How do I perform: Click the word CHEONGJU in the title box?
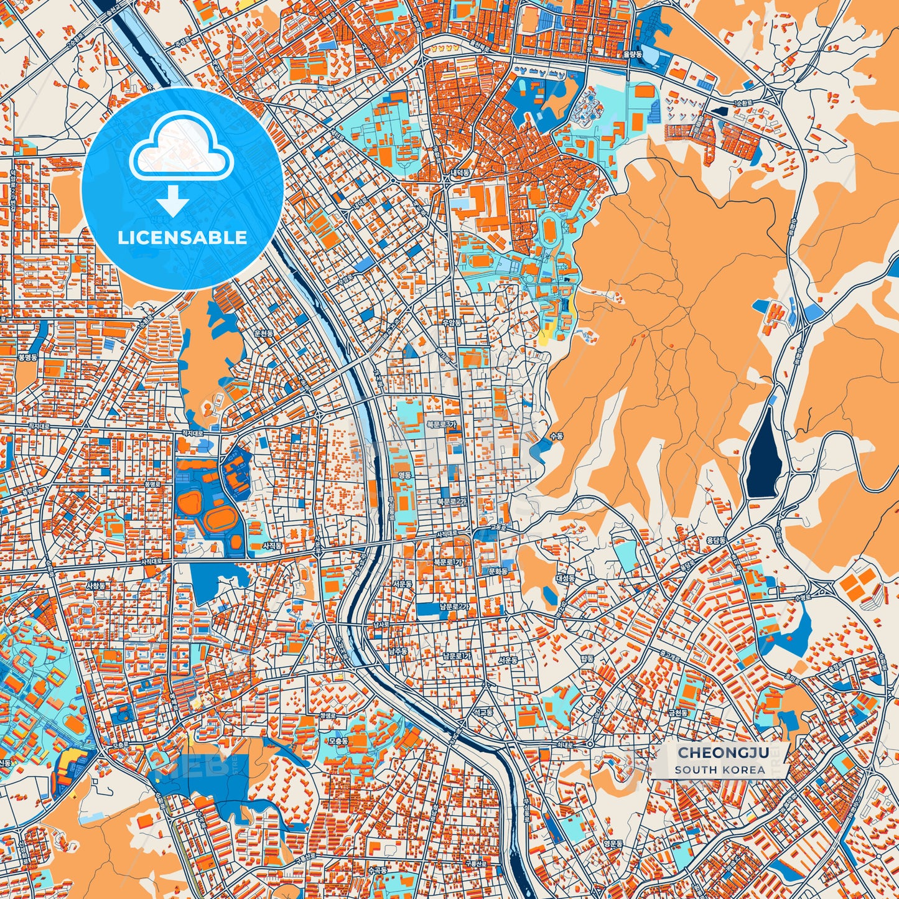(x=722, y=753)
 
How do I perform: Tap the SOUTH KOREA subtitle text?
(x=719, y=770)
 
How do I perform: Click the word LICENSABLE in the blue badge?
(x=182, y=238)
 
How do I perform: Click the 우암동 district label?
(x=452, y=323)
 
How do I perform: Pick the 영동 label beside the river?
(x=404, y=475)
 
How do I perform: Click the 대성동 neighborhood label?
(x=566, y=578)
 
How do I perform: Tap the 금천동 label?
(x=678, y=713)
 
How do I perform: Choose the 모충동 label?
(x=338, y=741)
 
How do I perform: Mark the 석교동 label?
(x=483, y=711)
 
